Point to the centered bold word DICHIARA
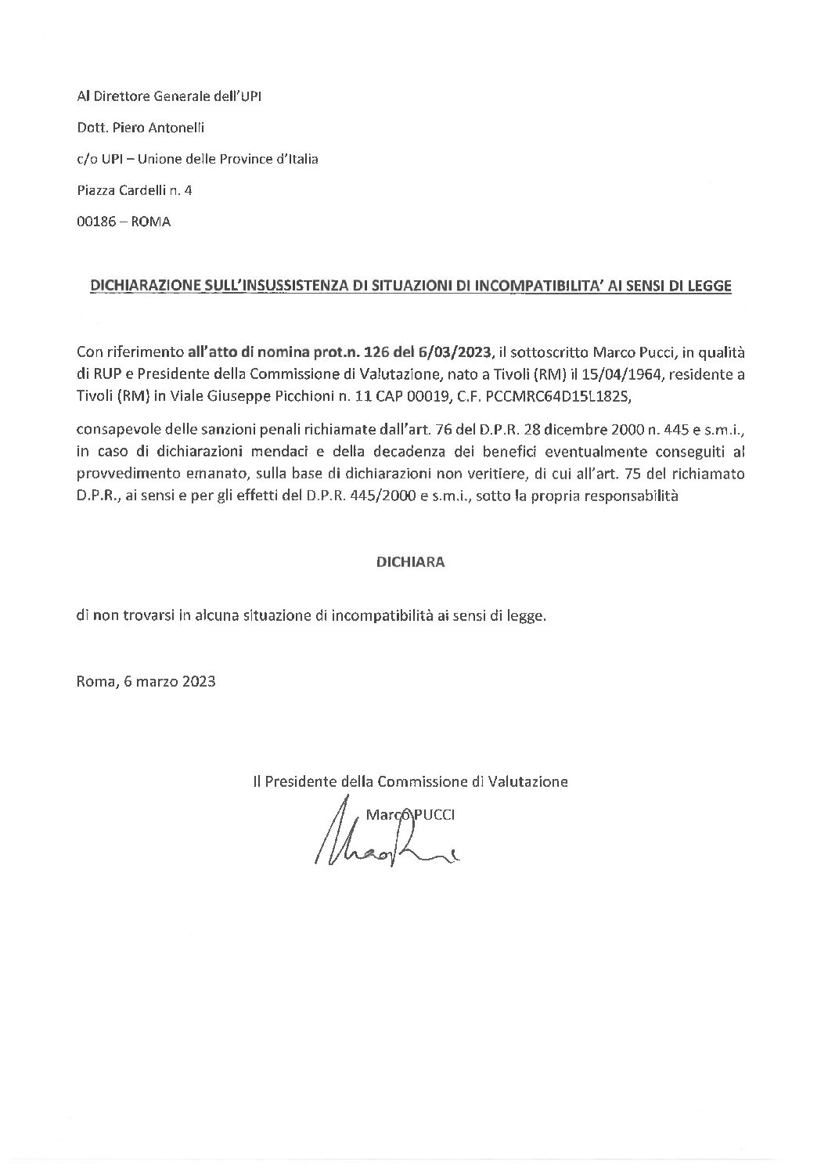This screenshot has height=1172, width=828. pos(411,562)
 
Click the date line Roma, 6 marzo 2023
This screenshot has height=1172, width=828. pos(146,681)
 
